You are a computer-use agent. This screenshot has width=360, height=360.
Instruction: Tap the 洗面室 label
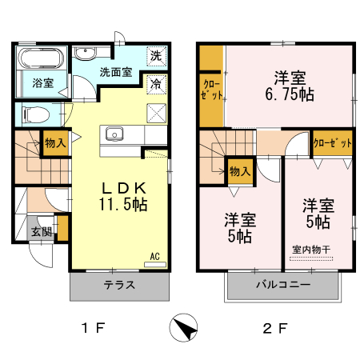coord(115,72)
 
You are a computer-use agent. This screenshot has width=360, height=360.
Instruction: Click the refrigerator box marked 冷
coord(157,83)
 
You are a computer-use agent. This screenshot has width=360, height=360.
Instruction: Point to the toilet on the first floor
coord(34,114)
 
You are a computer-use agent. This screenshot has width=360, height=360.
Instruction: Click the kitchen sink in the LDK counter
coord(113,133)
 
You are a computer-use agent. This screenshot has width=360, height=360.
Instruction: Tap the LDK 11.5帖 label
coord(123,197)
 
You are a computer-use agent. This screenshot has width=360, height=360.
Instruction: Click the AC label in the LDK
coord(157,258)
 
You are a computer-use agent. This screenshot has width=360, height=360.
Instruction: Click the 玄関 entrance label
coord(42,232)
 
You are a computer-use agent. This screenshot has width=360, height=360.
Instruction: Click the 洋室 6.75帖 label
coord(290,86)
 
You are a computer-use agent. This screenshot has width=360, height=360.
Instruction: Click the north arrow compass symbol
coord(185,328)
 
